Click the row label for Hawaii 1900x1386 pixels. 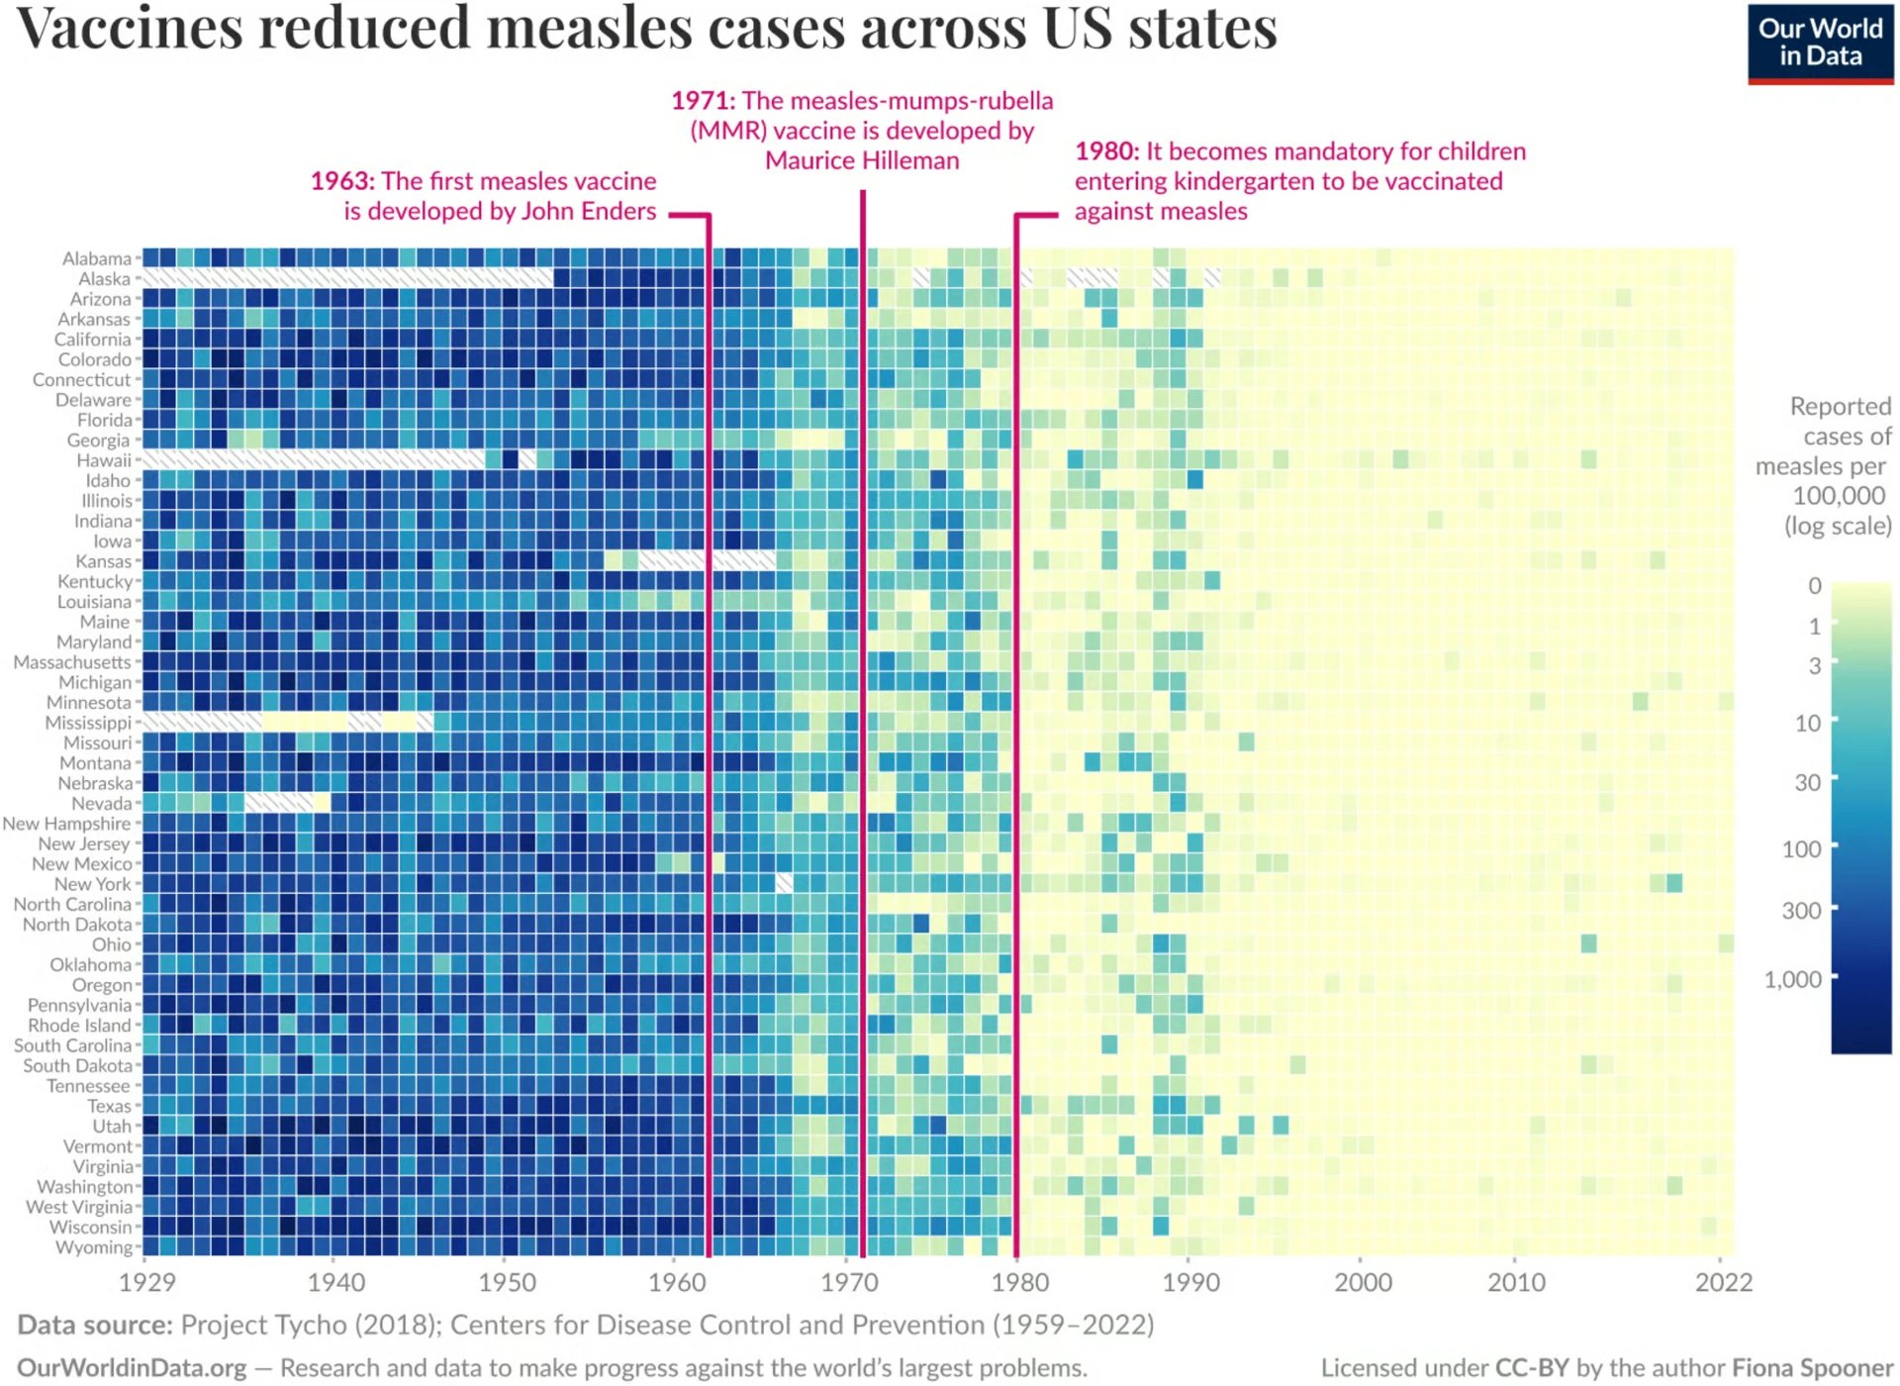[104, 460]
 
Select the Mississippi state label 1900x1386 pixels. [88, 723]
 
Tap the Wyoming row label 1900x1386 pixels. [93, 1247]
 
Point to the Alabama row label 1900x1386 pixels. [96, 258]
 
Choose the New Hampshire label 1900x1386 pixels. [66, 824]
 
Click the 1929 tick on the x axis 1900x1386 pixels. [146, 1282]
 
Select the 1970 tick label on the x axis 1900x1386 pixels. [848, 1282]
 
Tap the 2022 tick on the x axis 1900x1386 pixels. [1723, 1282]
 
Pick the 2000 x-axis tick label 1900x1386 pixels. [1362, 1282]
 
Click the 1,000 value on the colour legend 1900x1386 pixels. [1792, 979]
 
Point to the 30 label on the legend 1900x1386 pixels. [1807, 782]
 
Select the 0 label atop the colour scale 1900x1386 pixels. [1814, 586]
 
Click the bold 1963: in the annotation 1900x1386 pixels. [342, 181]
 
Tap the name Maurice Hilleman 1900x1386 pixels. [861, 160]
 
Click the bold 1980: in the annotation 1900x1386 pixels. [1106, 151]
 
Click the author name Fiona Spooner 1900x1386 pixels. [1812, 1367]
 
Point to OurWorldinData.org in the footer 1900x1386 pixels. [132, 1367]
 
